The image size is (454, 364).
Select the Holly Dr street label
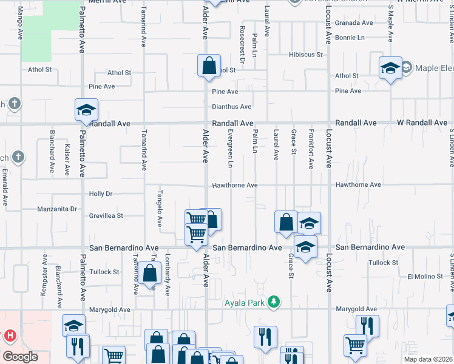coord(101,194)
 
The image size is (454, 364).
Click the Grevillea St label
coord(106,215)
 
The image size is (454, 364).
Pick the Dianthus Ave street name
coord(231,107)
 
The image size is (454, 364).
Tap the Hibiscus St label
coord(305,55)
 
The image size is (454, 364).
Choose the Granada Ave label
coord(354,23)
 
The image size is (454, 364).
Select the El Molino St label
coord(425,277)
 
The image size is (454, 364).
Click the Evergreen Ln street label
coord(231,148)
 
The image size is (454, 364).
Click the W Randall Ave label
coord(422,123)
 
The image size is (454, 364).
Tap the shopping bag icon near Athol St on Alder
coord(209,66)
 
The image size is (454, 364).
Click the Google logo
coord(19,357)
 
